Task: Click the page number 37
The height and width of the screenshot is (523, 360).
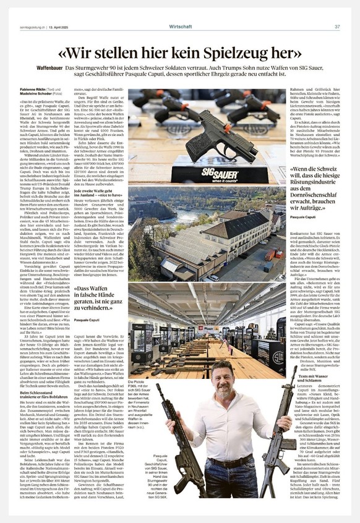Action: point(337,27)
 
